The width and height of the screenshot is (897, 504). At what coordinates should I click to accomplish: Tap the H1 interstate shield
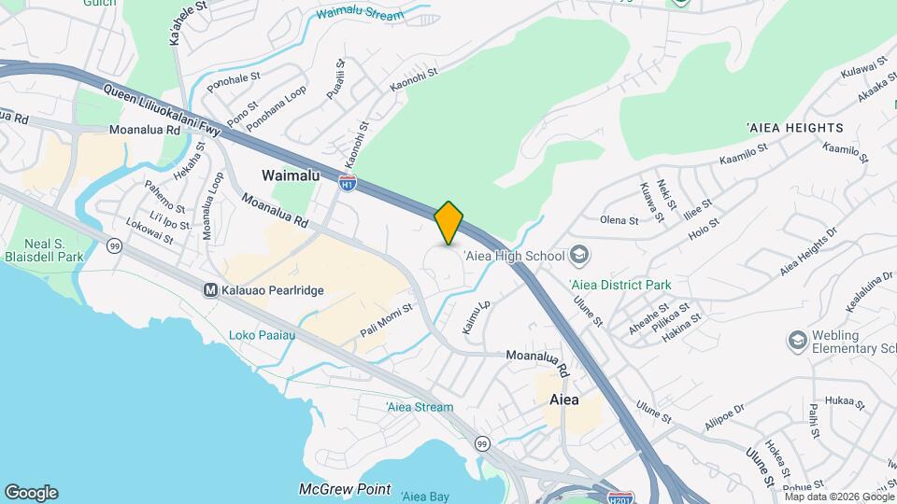click(348, 184)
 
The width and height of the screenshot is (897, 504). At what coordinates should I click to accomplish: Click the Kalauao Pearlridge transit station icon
click(211, 290)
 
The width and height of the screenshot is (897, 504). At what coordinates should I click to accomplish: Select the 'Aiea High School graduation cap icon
click(579, 255)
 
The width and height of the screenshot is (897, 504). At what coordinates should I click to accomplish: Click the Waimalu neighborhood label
click(291, 175)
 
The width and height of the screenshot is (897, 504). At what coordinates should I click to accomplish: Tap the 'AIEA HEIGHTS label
click(794, 127)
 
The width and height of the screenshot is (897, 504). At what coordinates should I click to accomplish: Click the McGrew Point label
click(344, 489)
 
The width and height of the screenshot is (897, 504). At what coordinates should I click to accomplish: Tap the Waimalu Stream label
click(360, 15)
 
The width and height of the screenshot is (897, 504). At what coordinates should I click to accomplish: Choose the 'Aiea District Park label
click(620, 285)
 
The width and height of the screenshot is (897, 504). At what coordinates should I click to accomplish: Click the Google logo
click(31, 493)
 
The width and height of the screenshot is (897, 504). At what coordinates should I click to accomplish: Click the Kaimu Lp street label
click(475, 318)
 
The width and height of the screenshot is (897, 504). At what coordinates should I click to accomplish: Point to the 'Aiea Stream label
click(420, 407)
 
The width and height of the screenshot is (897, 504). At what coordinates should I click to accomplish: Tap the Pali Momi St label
click(386, 321)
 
